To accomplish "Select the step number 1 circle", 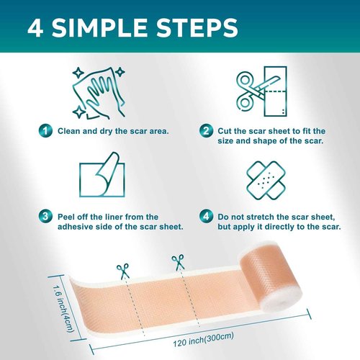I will (45, 131).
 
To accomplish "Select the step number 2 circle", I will (206, 131).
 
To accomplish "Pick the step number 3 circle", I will (45, 215).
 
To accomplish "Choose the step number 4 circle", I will (206, 215).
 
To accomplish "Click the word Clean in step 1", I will (69, 131).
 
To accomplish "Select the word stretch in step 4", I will (270, 215).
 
